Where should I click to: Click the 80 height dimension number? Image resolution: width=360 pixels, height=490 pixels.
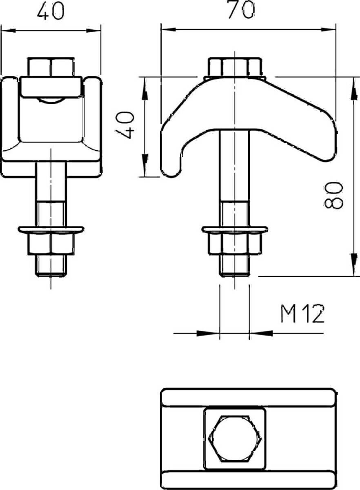point(333,195)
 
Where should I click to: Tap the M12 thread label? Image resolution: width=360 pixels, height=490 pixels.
point(302,314)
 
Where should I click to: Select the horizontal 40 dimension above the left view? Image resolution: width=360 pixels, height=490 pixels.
point(51,11)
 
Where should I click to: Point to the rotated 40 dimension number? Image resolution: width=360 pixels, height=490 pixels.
point(124,125)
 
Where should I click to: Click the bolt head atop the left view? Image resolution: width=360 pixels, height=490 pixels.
point(51,67)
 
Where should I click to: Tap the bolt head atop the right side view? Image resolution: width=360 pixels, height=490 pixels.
point(235,67)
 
